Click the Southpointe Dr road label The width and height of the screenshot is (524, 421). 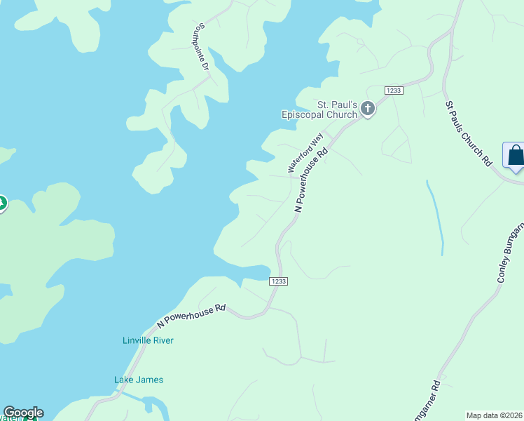tap(202, 47)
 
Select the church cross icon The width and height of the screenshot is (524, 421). tap(367, 109)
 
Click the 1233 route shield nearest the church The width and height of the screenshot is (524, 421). tap(393, 91)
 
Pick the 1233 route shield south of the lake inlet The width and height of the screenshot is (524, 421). tap(278, 281)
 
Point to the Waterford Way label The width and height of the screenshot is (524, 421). tap(305, 152)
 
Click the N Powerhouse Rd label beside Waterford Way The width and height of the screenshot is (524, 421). tap(312, 180)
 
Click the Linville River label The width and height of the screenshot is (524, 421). tap(148, 340)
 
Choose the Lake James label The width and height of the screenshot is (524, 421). tap(139, 380)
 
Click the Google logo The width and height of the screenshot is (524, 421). tap(23, 413)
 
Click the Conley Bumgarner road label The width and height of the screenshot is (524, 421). tap(511, 253)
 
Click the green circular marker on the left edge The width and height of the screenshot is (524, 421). tap(1, 203)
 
